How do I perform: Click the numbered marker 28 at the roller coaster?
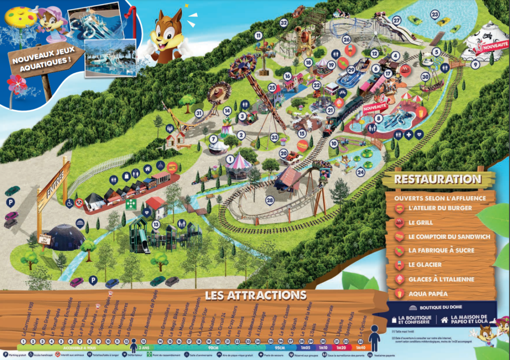pos(270,200)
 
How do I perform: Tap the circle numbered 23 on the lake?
pos(435,14)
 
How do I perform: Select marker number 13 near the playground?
pos(156,225)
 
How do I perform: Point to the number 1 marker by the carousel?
pos(230,159)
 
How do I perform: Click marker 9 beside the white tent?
pos(475,64)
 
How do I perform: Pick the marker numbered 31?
pos(199,113)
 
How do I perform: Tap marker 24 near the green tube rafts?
pos(361,172)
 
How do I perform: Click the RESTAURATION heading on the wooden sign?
pos(437,179)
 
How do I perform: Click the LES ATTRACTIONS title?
pos(255,295)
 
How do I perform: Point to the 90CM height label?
pos(213,347)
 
